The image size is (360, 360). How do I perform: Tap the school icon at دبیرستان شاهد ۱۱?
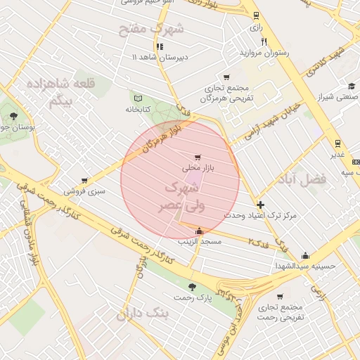[x=160, y=46]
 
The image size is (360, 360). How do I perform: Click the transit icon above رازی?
[x=256, y=15]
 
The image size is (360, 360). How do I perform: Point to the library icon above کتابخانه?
[x=138, y=98]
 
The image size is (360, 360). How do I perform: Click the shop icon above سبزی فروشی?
[x=84, y=181]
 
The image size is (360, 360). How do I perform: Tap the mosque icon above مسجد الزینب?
[x=200, y=231]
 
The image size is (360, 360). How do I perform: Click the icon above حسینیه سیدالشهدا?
[x=305, y=256]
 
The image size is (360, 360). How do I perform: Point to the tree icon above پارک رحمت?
[x=192, y=287]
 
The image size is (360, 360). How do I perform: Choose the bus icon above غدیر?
[x=337, y=142]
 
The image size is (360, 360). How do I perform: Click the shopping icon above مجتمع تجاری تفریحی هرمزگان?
[x=226, y=77]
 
